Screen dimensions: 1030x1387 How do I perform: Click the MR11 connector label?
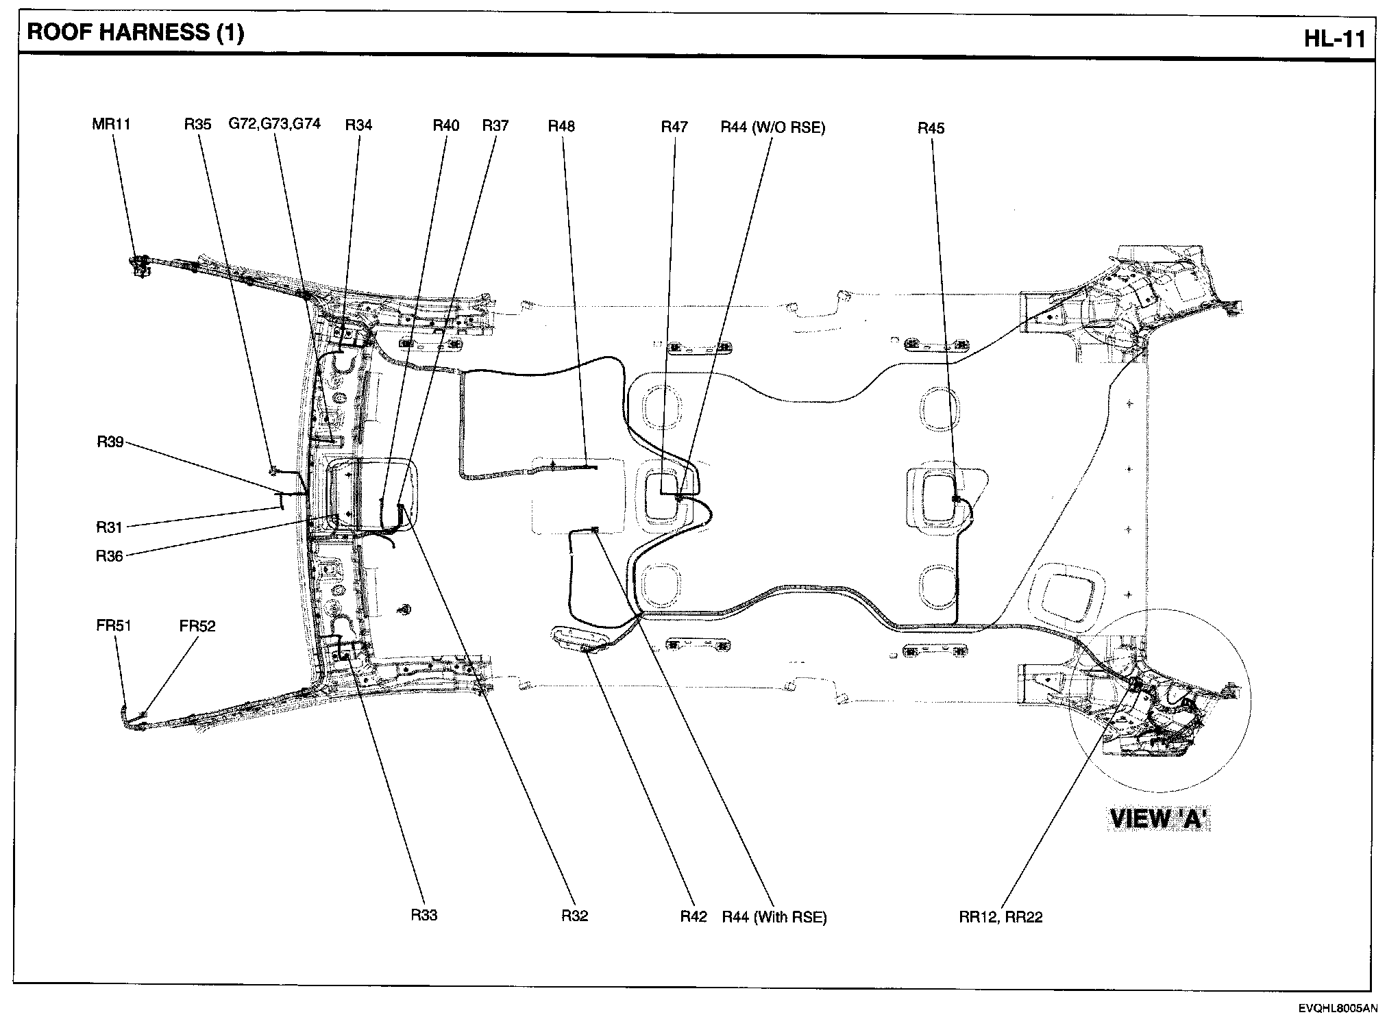point(111,125)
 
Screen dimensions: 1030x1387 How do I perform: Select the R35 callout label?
point(197,125)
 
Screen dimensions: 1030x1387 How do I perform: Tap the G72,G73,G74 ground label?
point(274,124)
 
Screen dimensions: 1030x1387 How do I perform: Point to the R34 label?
point(358,125)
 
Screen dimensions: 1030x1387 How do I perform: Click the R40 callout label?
point(446,125)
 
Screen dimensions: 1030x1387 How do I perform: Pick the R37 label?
point(495,125)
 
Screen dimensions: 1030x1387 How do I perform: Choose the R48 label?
point(561,126)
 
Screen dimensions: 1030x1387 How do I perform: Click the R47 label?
point(674,127)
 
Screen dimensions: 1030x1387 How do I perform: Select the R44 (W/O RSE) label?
point(773,127)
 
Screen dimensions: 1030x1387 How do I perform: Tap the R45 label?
point(931,128)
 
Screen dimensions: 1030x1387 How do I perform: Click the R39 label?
point(110,442)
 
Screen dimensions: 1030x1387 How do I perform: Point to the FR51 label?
point(113,625)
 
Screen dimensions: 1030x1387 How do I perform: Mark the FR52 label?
point(197,626)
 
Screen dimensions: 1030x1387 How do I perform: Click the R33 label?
point(424,915)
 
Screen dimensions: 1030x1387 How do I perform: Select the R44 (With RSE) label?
point(774,917)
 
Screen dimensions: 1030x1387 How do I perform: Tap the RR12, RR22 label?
point(1001,917)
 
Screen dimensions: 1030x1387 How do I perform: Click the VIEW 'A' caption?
point(1159,819)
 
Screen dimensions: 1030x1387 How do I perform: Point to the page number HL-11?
point(1334,39)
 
